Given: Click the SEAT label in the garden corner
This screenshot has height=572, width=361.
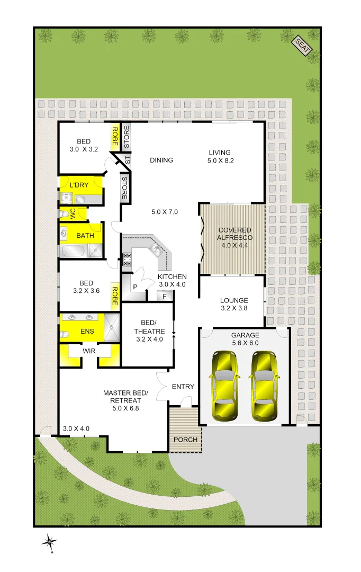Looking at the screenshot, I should (303, 46).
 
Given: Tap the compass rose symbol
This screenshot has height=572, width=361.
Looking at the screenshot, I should (50, 541).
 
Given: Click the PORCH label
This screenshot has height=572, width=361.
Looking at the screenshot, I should (185, 440).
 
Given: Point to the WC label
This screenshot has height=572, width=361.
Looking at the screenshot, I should (73, 213).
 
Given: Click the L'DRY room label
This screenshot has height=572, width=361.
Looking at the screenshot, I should (79, 185).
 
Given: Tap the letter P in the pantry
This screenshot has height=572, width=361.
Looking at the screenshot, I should (135, 287).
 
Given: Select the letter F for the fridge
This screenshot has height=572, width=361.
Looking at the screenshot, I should (165, 296).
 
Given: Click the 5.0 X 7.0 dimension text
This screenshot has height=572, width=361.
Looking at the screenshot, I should (165, 212).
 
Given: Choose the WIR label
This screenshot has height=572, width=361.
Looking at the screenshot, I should (89, 351).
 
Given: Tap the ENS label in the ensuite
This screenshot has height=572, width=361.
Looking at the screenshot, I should (87, 331).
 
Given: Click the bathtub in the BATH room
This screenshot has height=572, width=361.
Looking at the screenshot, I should (74, 250).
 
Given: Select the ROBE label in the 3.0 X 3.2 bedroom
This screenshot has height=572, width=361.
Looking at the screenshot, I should (114, 137).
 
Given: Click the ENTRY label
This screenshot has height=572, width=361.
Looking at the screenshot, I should (183, 387).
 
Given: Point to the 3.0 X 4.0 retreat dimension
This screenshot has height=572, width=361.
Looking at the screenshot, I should (76, 428).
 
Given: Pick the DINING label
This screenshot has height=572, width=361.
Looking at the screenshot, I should (161, 160).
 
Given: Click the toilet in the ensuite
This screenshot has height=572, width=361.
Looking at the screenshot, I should (64, 334).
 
